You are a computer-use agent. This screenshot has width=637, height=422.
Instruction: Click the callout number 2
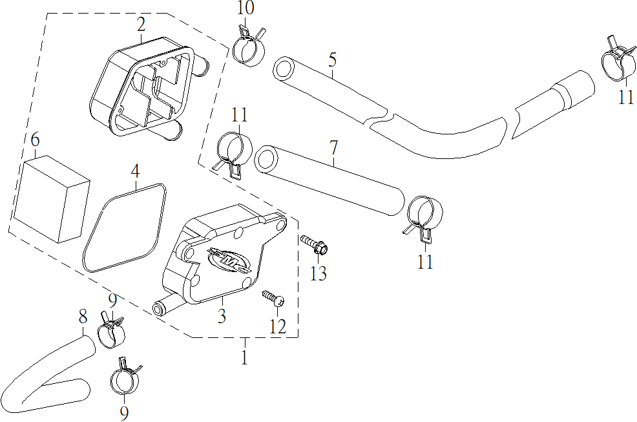point(141,25)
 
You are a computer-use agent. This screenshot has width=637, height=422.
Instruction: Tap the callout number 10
point(245,8)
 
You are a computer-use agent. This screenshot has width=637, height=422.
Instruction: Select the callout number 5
point(332,61)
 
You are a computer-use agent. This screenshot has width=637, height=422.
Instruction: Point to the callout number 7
point(333,148)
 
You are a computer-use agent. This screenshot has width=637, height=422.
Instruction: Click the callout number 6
point(35,140)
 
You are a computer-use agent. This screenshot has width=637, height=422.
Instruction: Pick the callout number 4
point(135,172)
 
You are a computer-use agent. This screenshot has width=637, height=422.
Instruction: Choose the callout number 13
point(318,273)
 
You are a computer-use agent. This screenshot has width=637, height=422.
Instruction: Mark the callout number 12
point(277,326)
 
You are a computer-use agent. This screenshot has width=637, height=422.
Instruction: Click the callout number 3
point(222,316)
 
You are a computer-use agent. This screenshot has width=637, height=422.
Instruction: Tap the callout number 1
point(244,357)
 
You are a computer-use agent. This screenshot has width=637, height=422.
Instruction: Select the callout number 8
point(83,317)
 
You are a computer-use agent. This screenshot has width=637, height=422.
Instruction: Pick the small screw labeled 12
point(273,298)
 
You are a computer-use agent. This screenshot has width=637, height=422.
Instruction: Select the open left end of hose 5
point(284,68)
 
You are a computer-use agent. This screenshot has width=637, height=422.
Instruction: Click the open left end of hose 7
point(266,159)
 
